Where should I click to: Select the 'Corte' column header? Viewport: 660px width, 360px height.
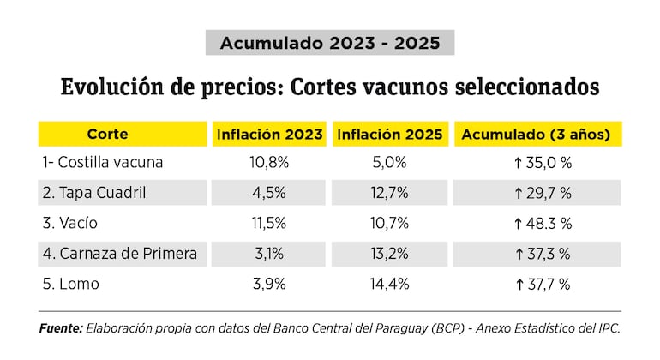(107, 135)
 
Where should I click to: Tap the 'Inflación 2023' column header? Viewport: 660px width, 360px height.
(270, 135)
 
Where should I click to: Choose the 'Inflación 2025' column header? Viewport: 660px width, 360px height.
(390, 135)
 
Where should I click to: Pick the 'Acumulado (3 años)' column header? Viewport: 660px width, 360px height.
(537, 135)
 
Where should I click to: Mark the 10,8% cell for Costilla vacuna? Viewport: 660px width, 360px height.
(269, 162)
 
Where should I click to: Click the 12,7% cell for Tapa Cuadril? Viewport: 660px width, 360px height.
(390, 193)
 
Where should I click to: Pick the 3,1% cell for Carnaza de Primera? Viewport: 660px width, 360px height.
(269, 254)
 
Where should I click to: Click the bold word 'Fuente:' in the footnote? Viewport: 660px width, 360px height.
(61, 328)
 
